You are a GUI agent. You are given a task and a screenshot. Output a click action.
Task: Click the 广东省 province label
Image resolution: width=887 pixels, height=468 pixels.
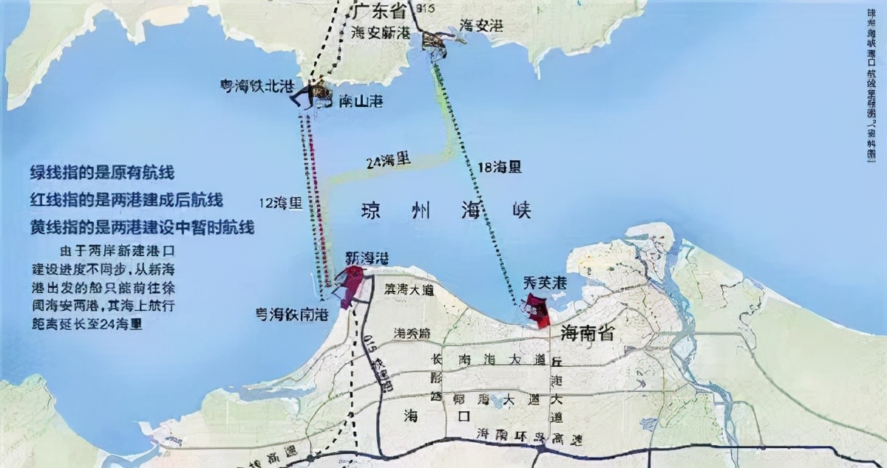point(381,11)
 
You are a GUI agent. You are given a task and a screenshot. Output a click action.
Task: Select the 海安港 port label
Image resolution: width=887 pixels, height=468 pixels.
point(481,26)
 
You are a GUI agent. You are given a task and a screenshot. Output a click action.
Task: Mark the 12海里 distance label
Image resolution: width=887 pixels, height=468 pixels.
point(281,203)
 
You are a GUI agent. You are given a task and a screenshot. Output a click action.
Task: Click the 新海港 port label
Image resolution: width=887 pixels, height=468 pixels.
point(367,258)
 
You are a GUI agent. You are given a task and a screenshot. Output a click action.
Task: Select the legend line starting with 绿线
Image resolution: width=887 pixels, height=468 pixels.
point(102,173)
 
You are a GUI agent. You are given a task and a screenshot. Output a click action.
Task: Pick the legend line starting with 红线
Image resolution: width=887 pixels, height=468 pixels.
point(126,200)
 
